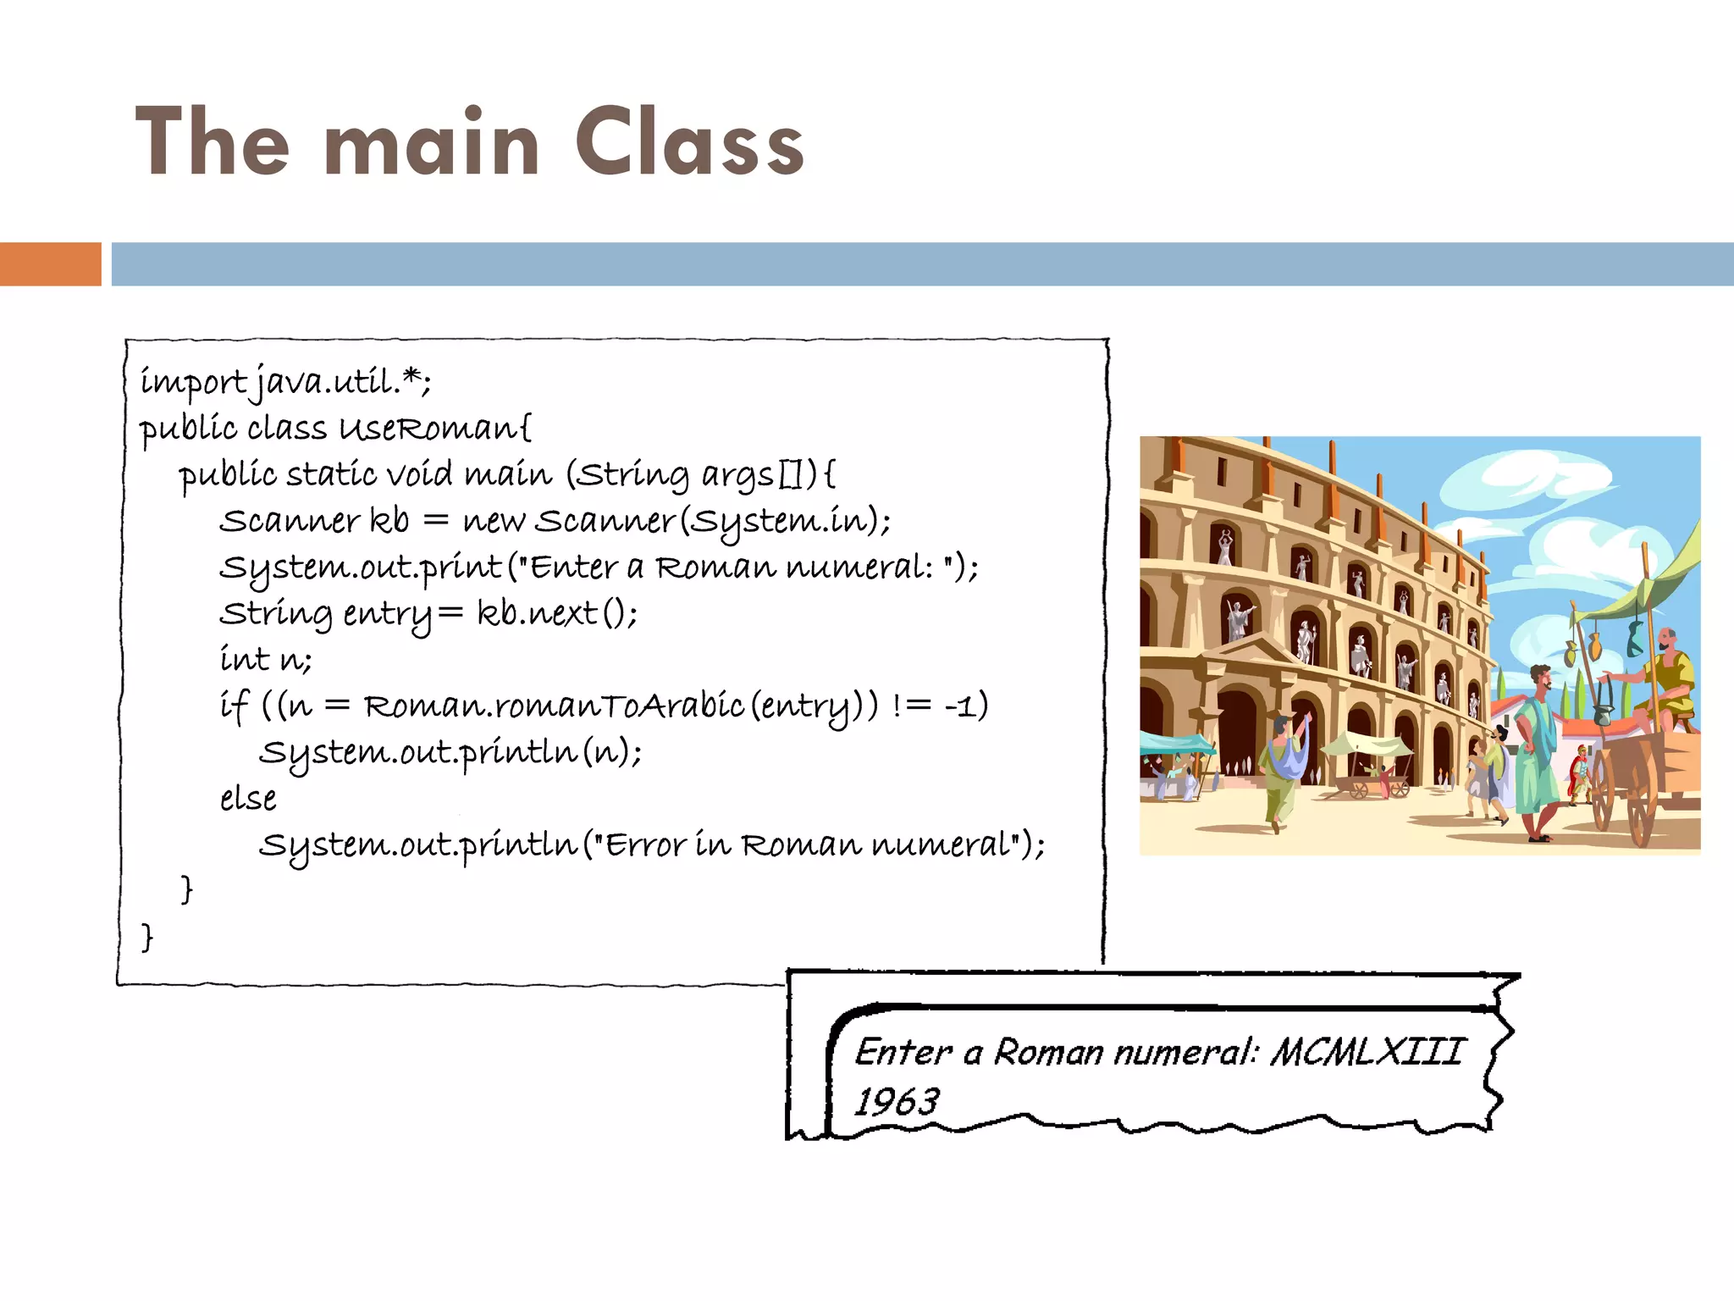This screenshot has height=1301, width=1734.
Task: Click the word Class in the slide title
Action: pyautogui.click(x=689, y=143)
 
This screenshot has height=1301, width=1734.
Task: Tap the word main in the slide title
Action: pyautogui.click(x=432, y=143)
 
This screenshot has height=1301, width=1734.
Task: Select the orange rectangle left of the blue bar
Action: pyautogui.click(x=50, y=263)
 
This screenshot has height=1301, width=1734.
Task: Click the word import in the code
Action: pyautogui.click(x=193, y=383)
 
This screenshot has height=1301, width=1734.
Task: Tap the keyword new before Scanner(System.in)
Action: pyautogui.click(x=493, y=521)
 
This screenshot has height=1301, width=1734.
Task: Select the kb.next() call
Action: pyautogui.click(x=556, y=613)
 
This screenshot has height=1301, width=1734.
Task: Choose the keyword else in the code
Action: pyautogui.click(x=248, y=799)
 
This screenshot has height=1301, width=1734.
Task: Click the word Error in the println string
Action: pyautogui.click(x=638, y=844)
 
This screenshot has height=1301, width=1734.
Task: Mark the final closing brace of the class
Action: pyautogui.click(x=147, y=937)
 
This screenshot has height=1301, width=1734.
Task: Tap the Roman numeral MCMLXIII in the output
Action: pyautogui.click(x=1367, y=1053)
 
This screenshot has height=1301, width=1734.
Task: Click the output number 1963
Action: pyautogui.click(x=896, y=1102)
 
